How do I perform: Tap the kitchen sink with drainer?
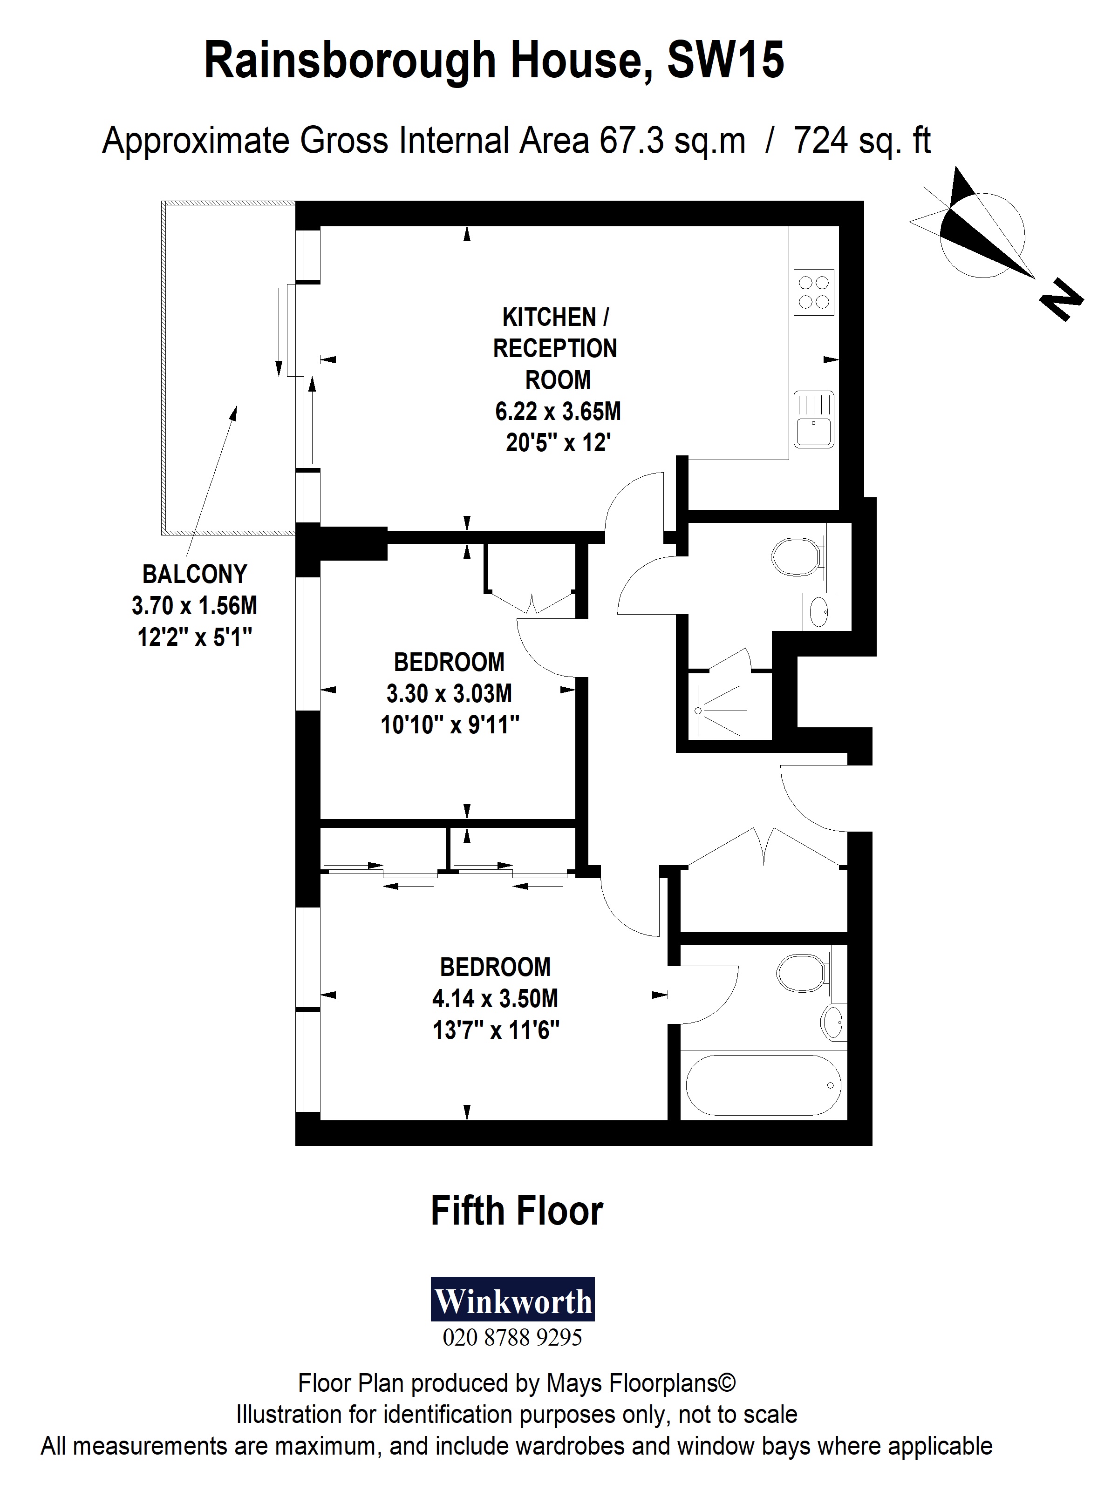click(x=813, y=419)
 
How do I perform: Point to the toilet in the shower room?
click(x=797, y=557)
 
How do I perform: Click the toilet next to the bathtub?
click(x=802, y=973)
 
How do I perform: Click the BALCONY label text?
click(x=194, y=574)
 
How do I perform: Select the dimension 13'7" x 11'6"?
click(x=496, y=1030)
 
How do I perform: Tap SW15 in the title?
click(x=725, y=61)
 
